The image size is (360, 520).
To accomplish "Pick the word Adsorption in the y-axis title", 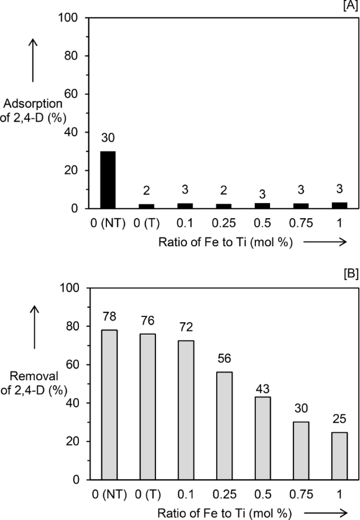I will tap(33, 104).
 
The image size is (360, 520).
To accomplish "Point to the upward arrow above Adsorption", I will tap(33, 59).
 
